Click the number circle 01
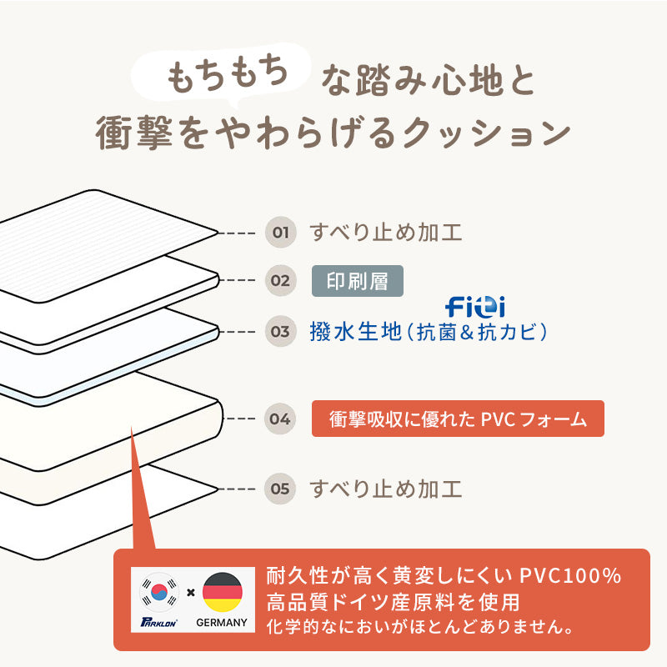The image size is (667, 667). pyautogui.click(x=281, y=232)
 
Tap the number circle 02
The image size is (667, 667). pyautogui.click(x=281, y=280)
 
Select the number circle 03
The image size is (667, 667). pyautogui.click(x=281, y=331)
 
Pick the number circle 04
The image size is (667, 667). pyautogui.click(x=281, y=419)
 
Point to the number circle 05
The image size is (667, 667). pyautogui.click(x=281, y=488)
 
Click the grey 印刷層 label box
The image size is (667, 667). pyautogui.click(x=357, y=281)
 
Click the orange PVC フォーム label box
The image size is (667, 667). pyautogui.click(x=458, y=419)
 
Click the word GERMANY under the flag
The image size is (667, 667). pyautogui.click(x=221, y=622)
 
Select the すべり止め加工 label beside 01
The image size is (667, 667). pyautogui.click(x=385, y=232)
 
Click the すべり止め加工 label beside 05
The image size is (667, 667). pyautogui.click(x=385, y=488)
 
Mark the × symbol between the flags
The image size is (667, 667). pyautogui.click(x=191, y=593)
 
